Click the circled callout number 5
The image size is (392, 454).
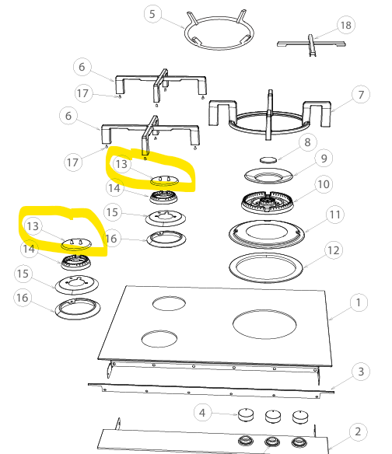click(x=152, y=14)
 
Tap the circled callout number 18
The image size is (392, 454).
click(x=346, y=25)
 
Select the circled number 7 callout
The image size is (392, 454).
click(x=361, y=95)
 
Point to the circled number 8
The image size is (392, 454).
click(x=307, y=142)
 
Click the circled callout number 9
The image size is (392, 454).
click(x=324, y=159)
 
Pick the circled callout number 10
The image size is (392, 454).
click(x=324, y=184)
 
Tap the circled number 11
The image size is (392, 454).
click(x=335, y=215)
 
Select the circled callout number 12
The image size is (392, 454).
click(x=334, y=250)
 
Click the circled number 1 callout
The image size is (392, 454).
click(x=359, y=302)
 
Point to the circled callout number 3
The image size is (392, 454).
click(x=361, y=372)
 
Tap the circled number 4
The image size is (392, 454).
click(x=202, y=413)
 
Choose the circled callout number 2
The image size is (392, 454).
click(x=358, y=431)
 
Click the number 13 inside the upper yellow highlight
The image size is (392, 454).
click(x=121, y=164)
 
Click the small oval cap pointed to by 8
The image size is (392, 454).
click(x=268, y=159)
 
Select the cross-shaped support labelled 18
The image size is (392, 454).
click(x=311, y=44)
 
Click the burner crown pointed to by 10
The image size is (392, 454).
click(x=267, y=202)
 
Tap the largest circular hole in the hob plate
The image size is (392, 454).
click(x=264, y=324)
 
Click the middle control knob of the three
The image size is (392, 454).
click(x=273, y=417)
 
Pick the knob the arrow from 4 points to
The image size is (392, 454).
click(x=246, y=415)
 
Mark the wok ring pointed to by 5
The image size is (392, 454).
click(x=219, y=33)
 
